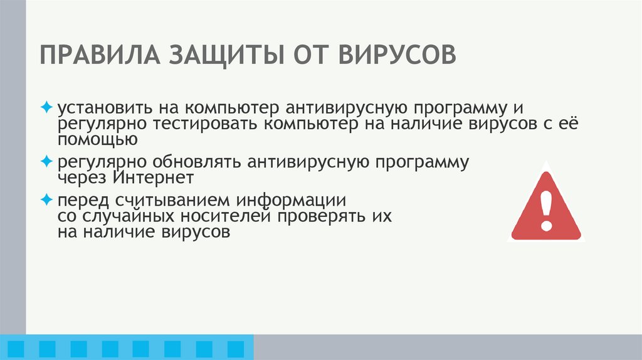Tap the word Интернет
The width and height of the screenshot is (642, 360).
click(x=154, y=178)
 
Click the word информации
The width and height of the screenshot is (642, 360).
click(x=289, y=201)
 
